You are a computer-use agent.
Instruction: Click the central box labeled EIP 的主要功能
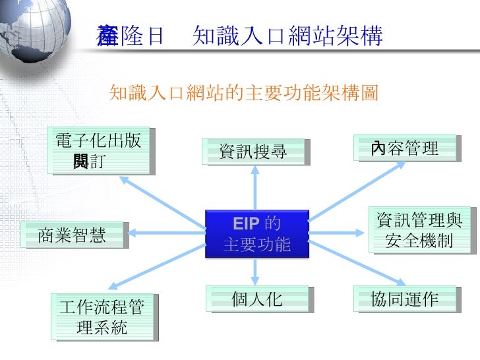[x=256, y=233]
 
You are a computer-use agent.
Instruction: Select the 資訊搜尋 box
[x=254, y=152]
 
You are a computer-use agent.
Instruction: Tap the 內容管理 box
[x=405, y=148]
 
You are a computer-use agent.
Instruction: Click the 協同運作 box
[x=405, y=299]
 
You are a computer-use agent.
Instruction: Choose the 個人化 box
[x=256, y=299]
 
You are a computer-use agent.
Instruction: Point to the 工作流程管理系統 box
[x=102, y=316]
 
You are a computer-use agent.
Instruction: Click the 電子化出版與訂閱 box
[x=98, y=150]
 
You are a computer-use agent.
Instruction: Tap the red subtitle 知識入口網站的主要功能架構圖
[x=244, y=93]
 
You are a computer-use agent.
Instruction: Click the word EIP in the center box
[x=245, y=222]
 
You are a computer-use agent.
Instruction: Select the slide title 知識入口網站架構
[x=287, y=37]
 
